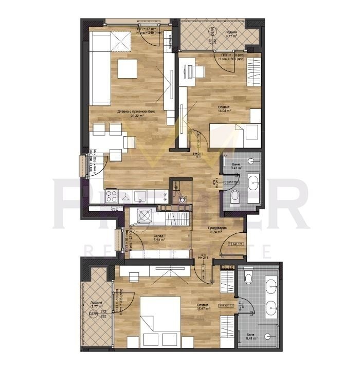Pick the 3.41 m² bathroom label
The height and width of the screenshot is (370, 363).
(237, 165)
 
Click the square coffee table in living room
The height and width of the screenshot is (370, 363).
(127, 68)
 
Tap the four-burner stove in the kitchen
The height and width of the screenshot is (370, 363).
(113, 196)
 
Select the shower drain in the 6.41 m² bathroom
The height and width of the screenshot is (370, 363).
(267, 336)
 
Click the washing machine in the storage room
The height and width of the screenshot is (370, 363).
(143, 216)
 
